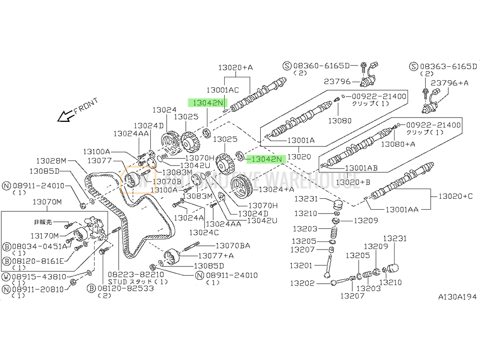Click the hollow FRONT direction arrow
pos(64,116)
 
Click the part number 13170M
pos(45,235)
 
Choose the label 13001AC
pos(222,90)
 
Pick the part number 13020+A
pos(235,68)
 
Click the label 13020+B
pos(355,182)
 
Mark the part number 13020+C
pos(455,196)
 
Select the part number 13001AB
pos(362,168)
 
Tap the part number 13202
pos(303,283)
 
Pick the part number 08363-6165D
pos(449,66)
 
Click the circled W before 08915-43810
pos(7,277)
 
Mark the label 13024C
pos(204,232)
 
